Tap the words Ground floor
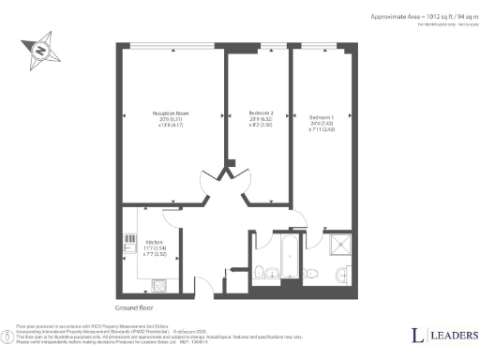[x=136, y=307]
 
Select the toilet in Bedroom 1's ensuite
[x=318, y=273]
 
